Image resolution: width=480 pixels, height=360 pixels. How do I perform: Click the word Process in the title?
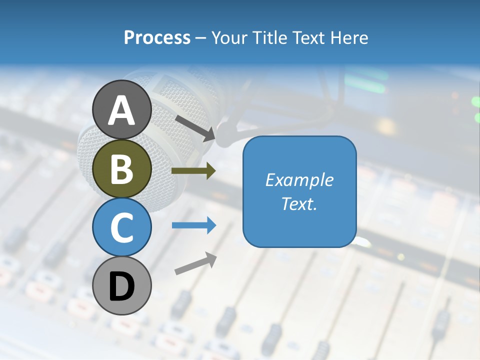pyautogui.click(x=157, y=38)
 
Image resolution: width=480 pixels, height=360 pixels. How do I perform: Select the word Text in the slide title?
pyautogui.click(x=306, y=38)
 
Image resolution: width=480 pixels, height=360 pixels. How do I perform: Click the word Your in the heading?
pyautogui.click(x=229, y=38)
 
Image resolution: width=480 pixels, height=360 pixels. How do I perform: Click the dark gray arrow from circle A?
pyautogui.click(x=195, y=127)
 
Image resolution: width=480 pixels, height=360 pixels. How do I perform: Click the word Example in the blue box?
pyautogui.click(x=299, y=180)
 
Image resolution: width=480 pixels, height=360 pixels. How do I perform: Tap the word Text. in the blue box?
pyautogui.click(x=299, y=203)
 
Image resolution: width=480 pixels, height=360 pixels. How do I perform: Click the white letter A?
pyautogui.click(x=122, y=111)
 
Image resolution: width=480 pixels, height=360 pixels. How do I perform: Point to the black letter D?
pyautogui.click(x=122, y=287)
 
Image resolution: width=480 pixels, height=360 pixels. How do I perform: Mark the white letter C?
pyautogui.click(x=122, y=227)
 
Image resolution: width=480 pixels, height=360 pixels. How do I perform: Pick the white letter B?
pyautogui.click(x=122, y=169)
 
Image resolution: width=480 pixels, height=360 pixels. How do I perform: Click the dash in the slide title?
pyautogui.click(x=200, y=38)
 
